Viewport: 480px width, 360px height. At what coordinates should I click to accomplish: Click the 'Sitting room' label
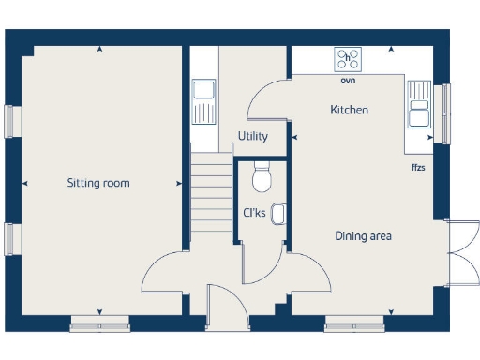coord(97,183)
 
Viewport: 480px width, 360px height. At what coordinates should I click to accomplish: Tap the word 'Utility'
coord(252,137)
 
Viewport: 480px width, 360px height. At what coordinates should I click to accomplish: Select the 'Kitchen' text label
coord(349,111)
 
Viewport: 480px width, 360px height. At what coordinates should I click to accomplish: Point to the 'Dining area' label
coord(363,236)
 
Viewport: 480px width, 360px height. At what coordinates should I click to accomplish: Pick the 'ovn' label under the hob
coord(348,81)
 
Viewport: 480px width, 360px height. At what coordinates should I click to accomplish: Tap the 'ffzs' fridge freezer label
coord(418,168)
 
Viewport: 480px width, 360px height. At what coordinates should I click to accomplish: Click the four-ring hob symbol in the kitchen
coord(349,59)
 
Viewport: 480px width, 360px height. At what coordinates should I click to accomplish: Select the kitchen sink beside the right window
coord(419,104)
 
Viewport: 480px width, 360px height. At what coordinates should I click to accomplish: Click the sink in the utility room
coord(203,102)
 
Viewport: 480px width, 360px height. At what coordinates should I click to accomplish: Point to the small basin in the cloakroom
coord(278,212)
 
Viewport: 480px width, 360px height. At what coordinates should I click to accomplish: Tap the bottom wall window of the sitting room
coord(98,324)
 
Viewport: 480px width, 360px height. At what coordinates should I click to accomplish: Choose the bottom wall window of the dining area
coord(354,324)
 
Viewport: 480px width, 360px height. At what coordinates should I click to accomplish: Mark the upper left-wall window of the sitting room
coord(10,120)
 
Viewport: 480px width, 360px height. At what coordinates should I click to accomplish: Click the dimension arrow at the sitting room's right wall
coord(180,183)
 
